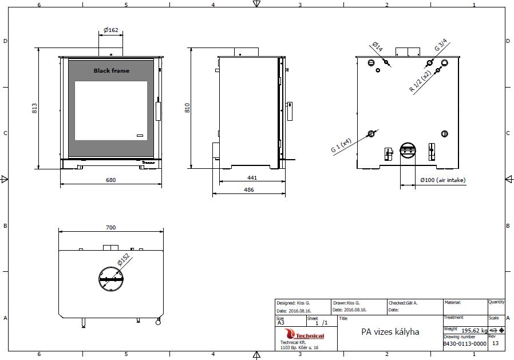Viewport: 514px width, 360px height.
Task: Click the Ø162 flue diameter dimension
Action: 111,30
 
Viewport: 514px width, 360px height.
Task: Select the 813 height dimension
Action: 34,108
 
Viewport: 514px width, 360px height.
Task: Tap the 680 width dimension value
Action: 111,180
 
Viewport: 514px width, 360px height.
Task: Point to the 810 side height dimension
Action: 187,108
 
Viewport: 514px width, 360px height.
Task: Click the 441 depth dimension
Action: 252,177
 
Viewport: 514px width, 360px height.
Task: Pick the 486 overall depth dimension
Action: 249,189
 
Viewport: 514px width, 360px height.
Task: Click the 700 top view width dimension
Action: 111,227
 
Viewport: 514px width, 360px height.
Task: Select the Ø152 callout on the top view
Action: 124,259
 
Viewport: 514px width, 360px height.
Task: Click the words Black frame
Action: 112,70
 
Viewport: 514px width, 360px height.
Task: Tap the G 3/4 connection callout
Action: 441,45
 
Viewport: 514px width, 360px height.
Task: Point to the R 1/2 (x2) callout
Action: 420,81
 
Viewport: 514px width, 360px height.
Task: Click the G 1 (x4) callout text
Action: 341,145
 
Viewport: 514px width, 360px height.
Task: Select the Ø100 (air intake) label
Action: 443,180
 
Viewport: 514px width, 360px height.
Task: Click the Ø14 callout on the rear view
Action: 378,46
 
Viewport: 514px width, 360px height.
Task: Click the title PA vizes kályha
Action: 390,332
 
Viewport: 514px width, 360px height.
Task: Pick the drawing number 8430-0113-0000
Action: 465,343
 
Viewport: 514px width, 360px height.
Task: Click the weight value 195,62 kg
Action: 475,330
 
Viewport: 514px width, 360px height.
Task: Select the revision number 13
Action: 495,343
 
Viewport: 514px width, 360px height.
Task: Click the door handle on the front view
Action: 158,111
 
